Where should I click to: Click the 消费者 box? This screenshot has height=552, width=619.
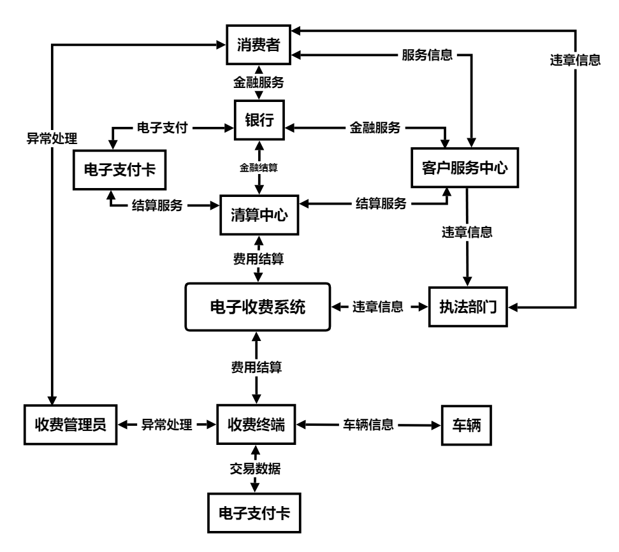point(259,45)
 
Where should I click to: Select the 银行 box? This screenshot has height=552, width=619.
point(259,120)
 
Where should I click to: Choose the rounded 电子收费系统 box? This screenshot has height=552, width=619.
point(258,307)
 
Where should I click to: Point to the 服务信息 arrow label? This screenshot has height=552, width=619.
point(426,55)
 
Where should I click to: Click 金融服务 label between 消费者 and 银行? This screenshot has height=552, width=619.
point(258,82)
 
